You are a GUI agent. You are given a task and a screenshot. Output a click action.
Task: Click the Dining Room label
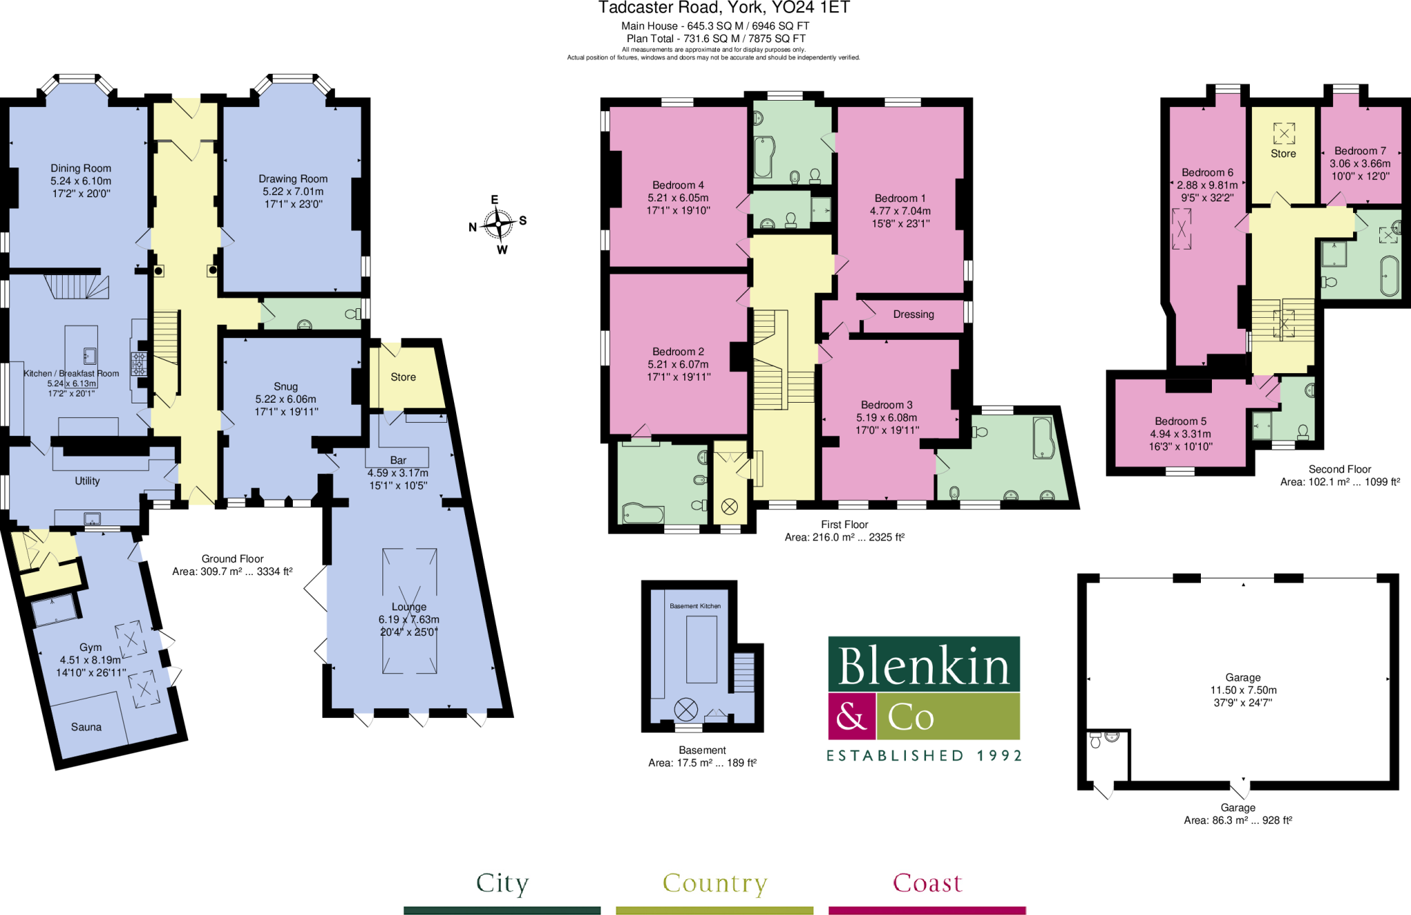point(81,168)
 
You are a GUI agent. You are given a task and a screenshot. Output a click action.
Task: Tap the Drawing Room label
point(293,179)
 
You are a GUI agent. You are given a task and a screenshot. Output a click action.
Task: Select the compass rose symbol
point(497,223)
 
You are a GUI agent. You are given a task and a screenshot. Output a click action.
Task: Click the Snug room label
point(285,386)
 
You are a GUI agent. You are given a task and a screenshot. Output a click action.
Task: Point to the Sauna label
point(86,727)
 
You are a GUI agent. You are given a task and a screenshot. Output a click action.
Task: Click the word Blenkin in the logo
point(923,665)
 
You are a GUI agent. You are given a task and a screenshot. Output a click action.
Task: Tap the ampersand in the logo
point(851,716)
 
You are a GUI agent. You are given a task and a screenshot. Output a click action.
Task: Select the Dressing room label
point(914,314)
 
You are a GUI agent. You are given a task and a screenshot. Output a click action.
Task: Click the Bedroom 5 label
point(1180,421)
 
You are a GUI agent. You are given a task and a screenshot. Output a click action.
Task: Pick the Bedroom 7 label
point(1360,151)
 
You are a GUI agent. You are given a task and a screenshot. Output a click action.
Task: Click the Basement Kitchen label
point(695,606)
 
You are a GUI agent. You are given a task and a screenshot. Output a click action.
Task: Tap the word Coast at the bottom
point(927,883)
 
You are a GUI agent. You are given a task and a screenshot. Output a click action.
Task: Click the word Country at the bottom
point(714,883)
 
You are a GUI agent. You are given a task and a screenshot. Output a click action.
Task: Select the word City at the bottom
point(502,883)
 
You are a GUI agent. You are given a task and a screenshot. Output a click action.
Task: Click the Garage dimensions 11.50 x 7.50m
point(1243,690)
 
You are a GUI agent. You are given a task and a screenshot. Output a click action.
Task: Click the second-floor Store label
point(1283,154)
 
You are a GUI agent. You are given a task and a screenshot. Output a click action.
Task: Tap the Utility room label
point(87,481)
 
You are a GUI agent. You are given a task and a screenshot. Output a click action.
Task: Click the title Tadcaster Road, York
point(723,8)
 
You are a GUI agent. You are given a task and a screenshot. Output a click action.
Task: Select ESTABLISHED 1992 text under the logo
point(924,756)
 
